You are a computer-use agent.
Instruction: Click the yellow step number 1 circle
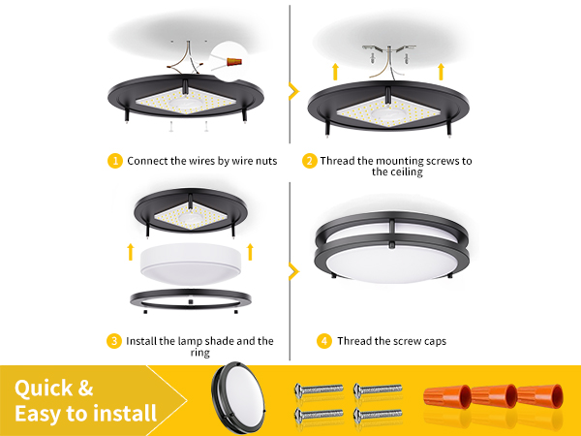116,161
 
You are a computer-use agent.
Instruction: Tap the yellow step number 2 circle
310,161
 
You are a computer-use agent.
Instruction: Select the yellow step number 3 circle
116,341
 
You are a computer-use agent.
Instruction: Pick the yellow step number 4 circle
323,341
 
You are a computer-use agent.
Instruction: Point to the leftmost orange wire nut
443,397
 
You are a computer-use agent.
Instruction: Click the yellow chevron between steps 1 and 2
292,91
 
